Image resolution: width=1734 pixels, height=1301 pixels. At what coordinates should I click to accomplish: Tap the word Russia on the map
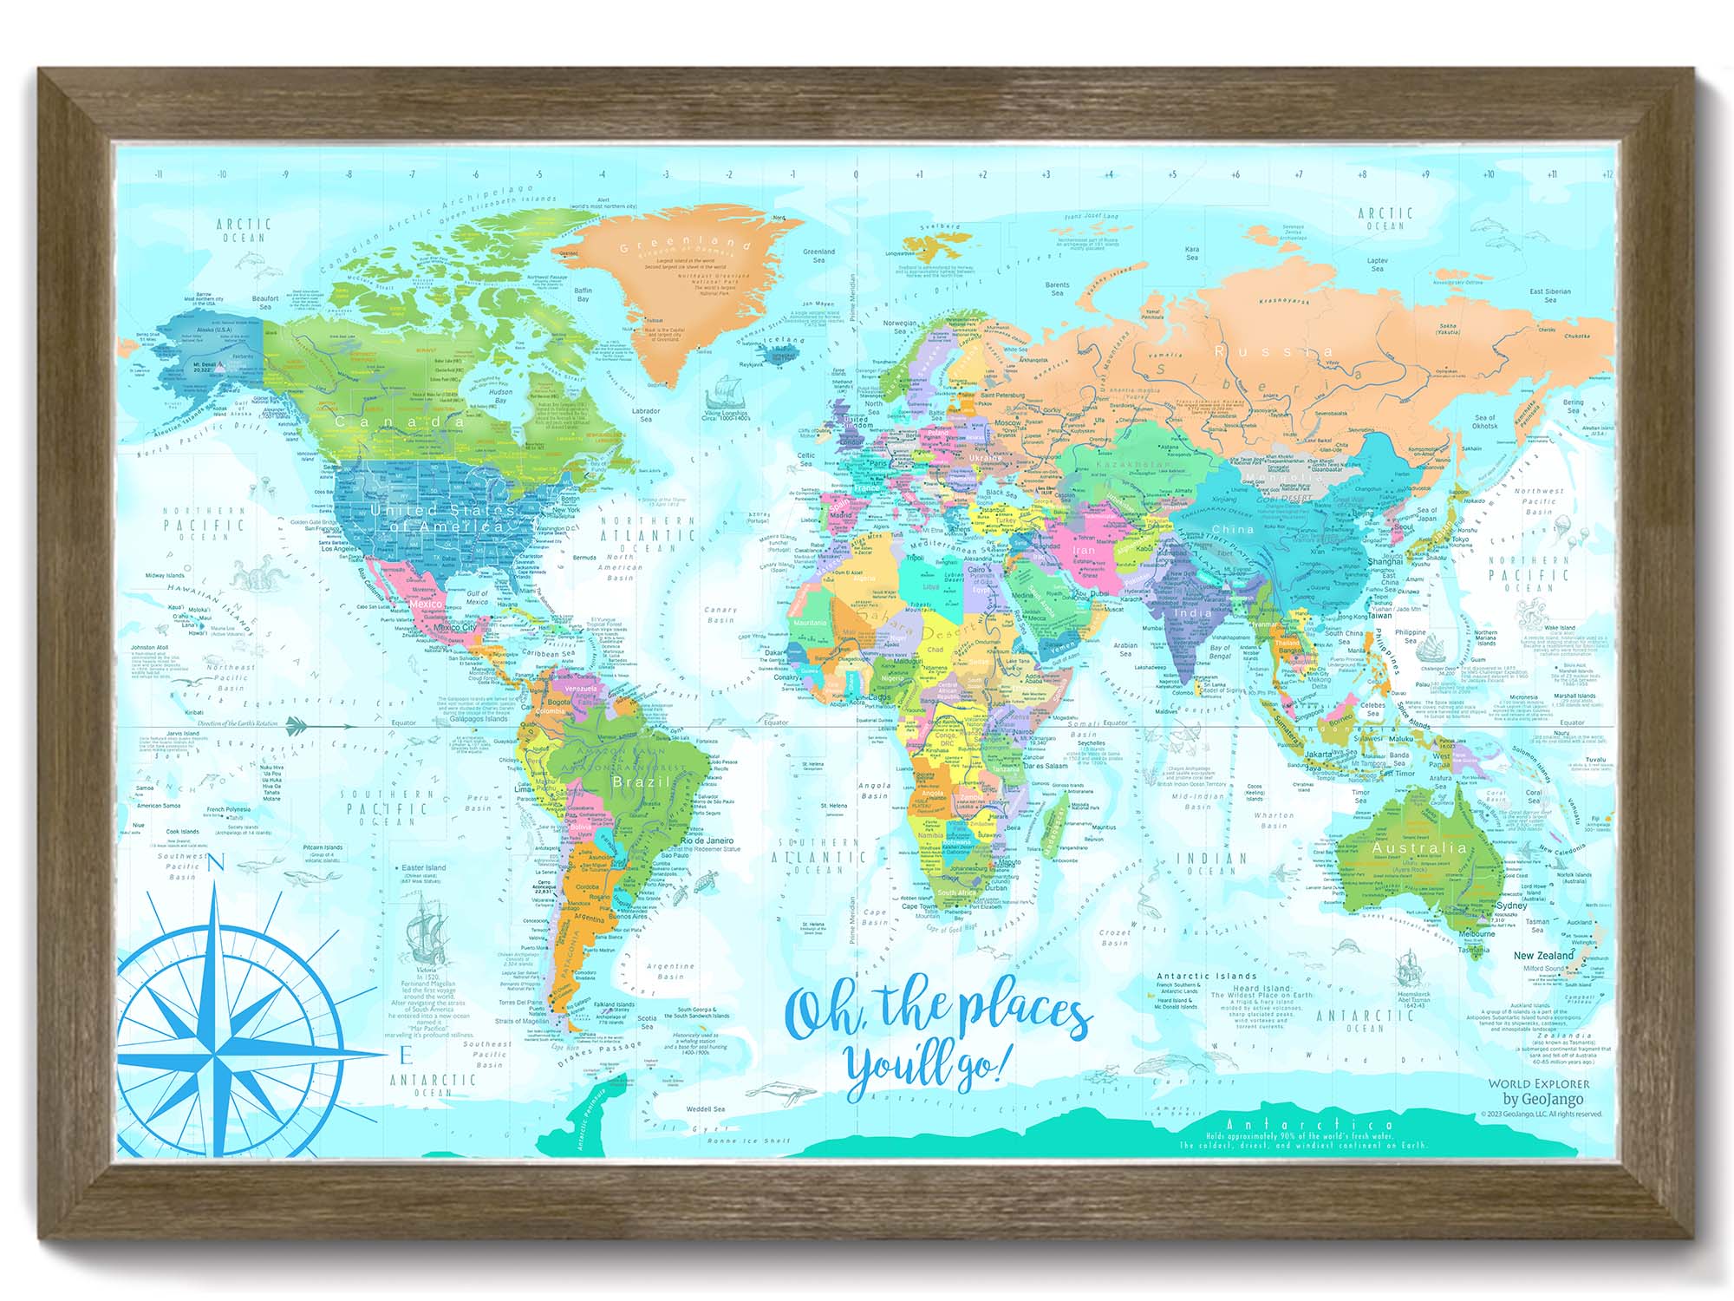click(x=1273, y=350)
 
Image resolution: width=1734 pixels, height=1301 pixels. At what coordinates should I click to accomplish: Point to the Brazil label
click(x=640, y=781)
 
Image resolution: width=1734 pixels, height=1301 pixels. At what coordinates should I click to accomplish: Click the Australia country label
click(x=1419, y=847)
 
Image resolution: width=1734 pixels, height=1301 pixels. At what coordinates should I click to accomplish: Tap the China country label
click(x=1232, y=528)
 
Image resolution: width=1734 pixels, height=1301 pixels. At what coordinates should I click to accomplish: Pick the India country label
click(x=1192, y=612)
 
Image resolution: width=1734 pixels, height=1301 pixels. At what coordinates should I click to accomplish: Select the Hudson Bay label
click(x=500, y=396)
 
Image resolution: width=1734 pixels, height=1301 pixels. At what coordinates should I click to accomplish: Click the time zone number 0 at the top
click(x=856, y=174)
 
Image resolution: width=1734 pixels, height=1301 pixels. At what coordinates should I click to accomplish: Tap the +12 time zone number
click(x=1607, y=174)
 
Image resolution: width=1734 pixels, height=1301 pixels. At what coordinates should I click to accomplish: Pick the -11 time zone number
click(x=159, y=174)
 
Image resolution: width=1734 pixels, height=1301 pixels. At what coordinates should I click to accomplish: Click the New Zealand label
click(x=1543, y=955)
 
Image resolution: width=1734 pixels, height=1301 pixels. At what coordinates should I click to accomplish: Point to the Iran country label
click(x=1084, y=550)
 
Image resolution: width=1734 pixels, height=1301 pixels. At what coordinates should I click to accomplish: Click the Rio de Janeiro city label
click(x=707, y=840)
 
